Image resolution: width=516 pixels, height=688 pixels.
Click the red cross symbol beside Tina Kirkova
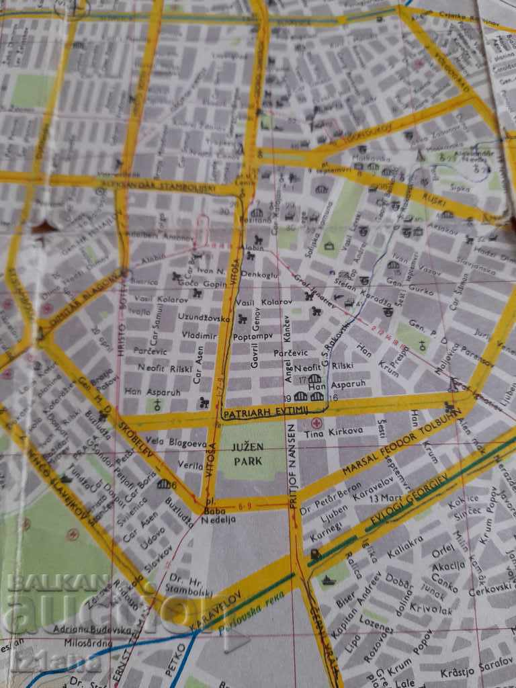click(x=316, y=425)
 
